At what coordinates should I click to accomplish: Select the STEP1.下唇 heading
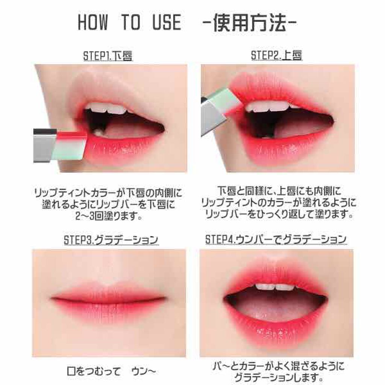(108, 56)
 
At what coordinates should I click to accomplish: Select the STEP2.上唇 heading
(277, 56)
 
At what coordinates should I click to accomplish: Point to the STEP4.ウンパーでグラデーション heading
(276, 240)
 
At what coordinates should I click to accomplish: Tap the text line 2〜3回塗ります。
(108, 217)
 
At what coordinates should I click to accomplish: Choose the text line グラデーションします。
(277, 376)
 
